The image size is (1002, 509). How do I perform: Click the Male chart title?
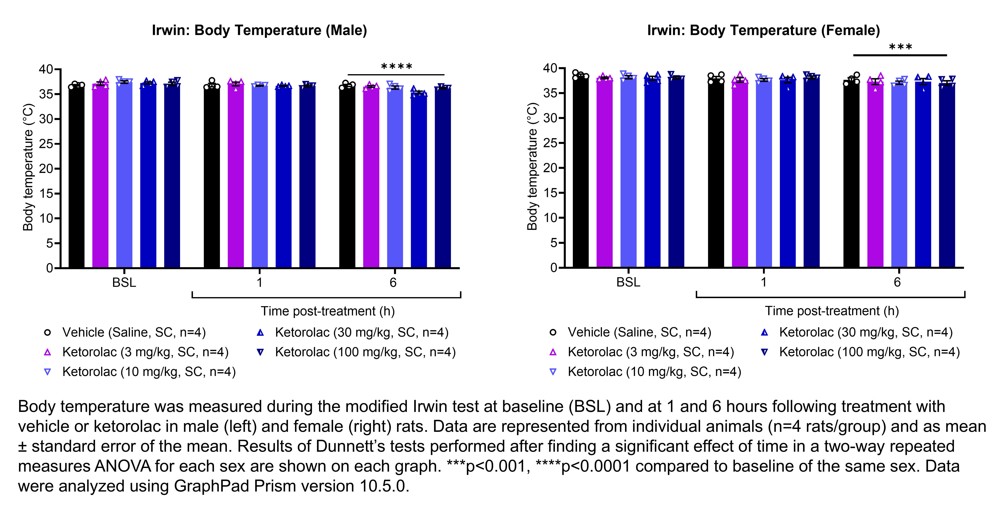[259, 30]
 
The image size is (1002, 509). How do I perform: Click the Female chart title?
[763, 30]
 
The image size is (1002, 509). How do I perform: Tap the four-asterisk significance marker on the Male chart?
[396, 67]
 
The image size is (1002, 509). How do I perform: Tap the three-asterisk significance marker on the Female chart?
[900, 47]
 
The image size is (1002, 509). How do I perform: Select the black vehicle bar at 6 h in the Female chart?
[851, 175]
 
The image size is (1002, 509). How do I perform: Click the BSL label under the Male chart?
[124, 282]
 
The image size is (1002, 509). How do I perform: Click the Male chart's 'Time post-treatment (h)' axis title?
[328, 311]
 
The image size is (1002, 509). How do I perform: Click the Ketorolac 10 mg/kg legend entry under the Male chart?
[148, 372]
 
